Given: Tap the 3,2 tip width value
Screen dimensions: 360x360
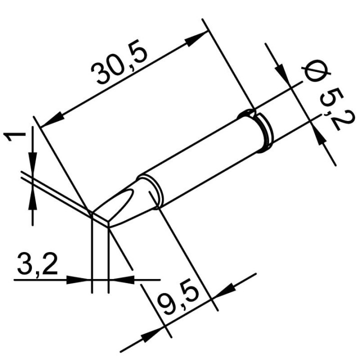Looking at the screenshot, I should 34,263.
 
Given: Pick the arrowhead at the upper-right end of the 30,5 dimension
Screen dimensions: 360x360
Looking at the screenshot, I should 199,39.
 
